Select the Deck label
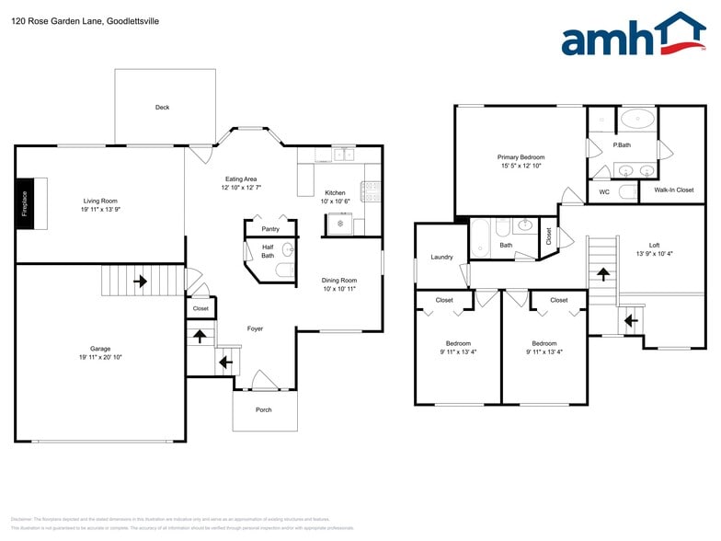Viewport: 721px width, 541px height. pyautogui.click(x=162, y=108)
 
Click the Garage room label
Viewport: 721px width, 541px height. pyautogui.click(x=100, y=349)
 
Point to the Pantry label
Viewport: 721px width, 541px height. pyautogui.click(x=270, y=229)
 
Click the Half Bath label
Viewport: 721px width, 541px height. pyautogui.click(x=268, y=251)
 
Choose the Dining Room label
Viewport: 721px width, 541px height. pyautogui.click(x=338, y=280)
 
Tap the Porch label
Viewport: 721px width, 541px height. pyautogui.click(x=264, y=409)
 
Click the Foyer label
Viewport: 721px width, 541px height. pyautogui.click(x=256, y=328)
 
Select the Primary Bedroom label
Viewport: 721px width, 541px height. pyautogui.click(x=521, y=157)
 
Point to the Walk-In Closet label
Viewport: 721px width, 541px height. pyautogui.click(x=673, y=190)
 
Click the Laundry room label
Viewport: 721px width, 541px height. pyautogui.click(x=441, y=257)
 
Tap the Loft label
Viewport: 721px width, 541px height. pyautogui.click(x=654, y=245)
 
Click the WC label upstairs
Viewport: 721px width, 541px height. pyautogui.click(x=604, y=191)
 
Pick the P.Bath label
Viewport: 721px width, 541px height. pyautogui.click(x=622, y=144)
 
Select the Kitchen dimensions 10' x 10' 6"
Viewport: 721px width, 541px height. pyautogui.click(x=335, y=201)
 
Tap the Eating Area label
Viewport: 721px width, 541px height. pyautogui.click(x=241, y=178)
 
